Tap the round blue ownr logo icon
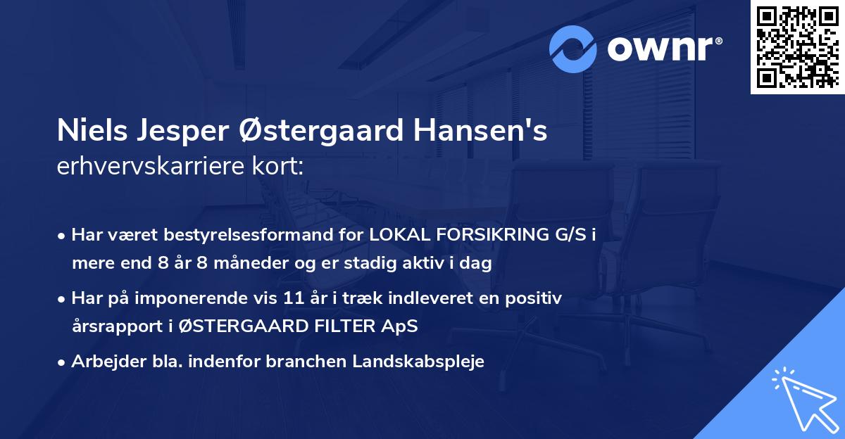click(x=574, y=49)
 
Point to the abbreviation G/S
click(x=564, y=235)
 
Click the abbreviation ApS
click(x=401, y=326)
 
